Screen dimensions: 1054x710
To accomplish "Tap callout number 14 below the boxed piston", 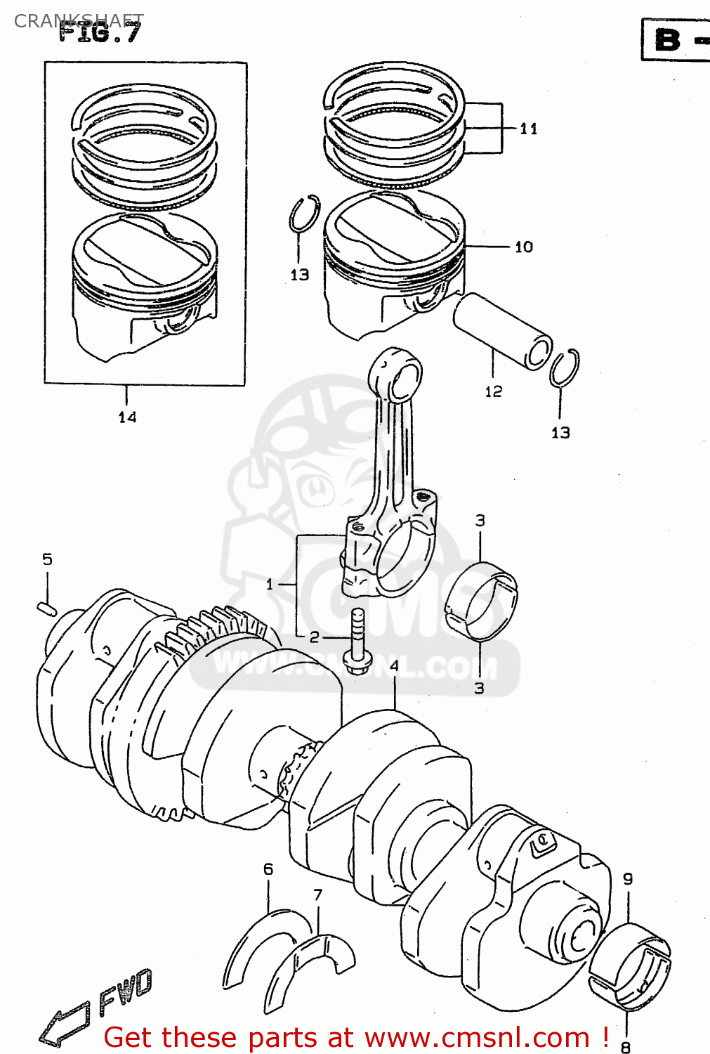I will click(x=127, y=417).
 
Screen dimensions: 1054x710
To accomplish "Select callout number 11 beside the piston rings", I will click(x=529, y=129).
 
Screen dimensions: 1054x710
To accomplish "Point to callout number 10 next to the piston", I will click(x=524, y=247).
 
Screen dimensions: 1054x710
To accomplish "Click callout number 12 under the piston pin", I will click(x=494, y=391).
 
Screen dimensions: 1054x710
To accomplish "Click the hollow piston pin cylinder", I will click(x=502, y=331).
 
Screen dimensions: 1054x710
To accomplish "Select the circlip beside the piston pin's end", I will click(x=564, y=367).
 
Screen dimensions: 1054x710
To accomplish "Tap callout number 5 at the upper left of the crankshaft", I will click(x=47, y=559).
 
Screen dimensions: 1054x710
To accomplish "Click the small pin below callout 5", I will click(x=46, y=607).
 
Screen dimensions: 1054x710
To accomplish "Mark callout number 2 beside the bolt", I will click(x=314, y=637).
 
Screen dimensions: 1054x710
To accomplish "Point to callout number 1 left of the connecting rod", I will click(x=270, y=584).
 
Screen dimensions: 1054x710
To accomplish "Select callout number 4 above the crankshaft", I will click(x=394, y=665).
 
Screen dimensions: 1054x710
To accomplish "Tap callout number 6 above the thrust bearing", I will click(x=268, y=869).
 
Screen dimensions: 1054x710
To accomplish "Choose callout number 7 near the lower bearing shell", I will click(x=317, y=894).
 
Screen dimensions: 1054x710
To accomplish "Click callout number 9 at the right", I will click(x=628, y=878).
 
